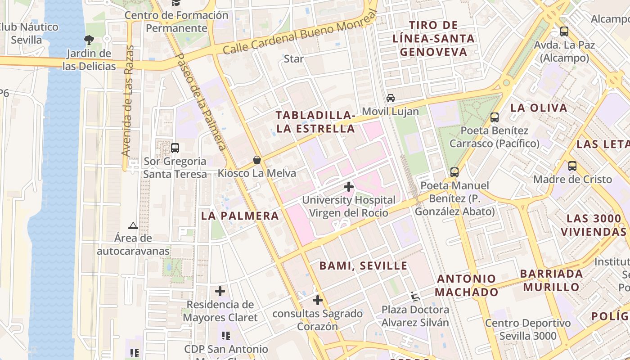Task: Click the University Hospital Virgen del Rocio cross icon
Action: pos(348,186)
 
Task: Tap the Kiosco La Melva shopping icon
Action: pos(257,160)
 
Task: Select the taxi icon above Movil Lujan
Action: pos(390,98)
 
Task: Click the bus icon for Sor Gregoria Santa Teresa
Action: pos(175,148)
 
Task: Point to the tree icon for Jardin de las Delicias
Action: pos(89,40)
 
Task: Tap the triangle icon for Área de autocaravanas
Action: pos(133,225)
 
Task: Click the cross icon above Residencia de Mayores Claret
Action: pos(220,291)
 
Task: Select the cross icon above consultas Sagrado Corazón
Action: pos(318,300)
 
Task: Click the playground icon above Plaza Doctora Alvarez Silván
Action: pos(415,297)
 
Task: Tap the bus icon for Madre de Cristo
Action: pos(572,166)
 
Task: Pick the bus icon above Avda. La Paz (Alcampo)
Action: pos(564,31)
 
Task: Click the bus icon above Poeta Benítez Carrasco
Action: pos(495,117)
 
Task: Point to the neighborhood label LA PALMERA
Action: pos(240,216)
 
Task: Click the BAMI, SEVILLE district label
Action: pos(363,266)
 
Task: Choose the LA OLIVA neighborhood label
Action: pos(539,108)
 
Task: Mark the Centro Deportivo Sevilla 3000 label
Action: pos(528,329)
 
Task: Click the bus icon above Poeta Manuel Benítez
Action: pos(454,172)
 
